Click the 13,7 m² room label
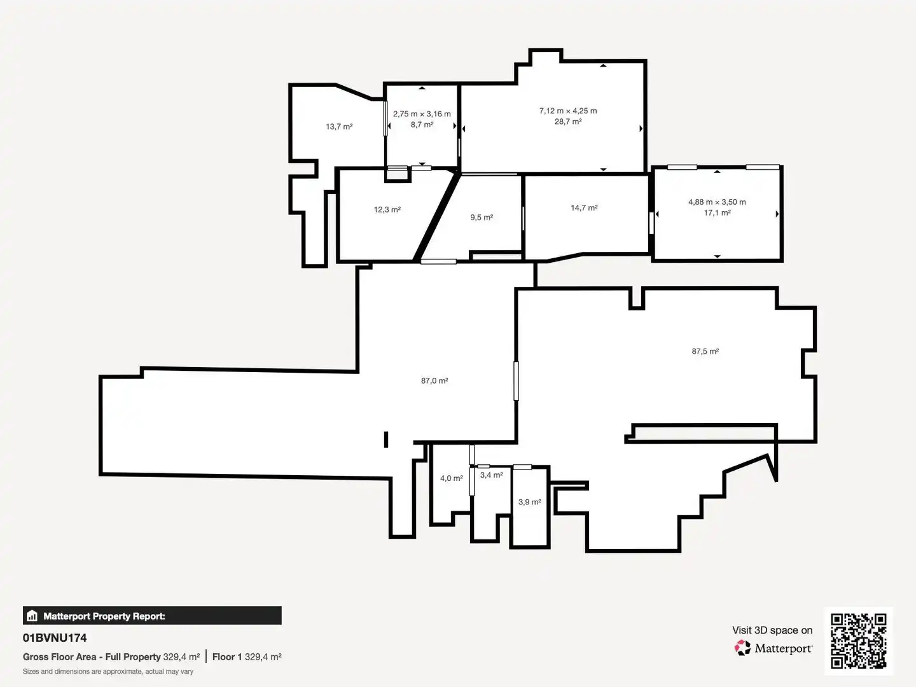coord(339,127)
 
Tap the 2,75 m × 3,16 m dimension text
coord(422,114)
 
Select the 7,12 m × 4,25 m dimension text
coord(568,111)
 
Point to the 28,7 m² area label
coord(568,121)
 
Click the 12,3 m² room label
coord(387,209)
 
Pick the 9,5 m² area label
coord(482,218)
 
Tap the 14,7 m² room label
coord(584,208)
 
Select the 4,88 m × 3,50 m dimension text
coord(717,202)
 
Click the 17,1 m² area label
coord(718,213)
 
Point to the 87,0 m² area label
coord(434,380)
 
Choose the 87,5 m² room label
coord(705,351)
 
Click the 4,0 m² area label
coord(452,478)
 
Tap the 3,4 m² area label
coord(491,475)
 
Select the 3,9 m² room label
coord(530,502)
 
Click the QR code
coord(858,641)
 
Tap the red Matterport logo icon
coord(742,648)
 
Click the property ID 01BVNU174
coord(55,638)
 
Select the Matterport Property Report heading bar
coord(152,616)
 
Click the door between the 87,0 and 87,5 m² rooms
coord(517,381)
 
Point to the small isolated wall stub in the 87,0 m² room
coord(386,440)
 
